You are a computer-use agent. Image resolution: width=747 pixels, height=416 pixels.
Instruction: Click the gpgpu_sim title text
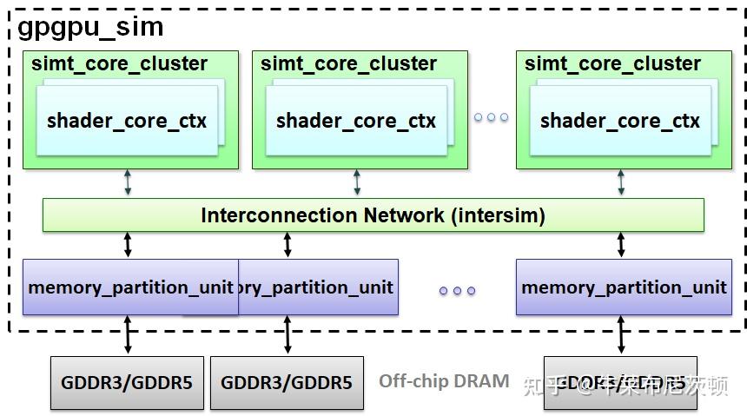point(90,27)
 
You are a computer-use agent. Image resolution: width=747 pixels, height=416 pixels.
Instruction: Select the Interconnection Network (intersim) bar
point(373,215)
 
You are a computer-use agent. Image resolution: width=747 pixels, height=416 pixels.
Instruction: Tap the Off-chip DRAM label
point(444,381)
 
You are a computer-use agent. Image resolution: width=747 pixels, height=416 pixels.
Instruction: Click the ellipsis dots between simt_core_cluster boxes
point(492,117)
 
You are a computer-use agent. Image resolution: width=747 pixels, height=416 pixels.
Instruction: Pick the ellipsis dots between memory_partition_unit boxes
point(457,291)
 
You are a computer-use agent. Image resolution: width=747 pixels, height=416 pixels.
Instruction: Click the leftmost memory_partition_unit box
point(129,287)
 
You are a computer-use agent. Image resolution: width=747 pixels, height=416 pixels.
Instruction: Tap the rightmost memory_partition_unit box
point(623,287)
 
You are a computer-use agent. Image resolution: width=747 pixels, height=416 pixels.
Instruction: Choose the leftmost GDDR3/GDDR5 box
point(127,382)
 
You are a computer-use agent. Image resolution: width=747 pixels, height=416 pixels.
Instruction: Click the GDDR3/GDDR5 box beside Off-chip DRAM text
point(287,382)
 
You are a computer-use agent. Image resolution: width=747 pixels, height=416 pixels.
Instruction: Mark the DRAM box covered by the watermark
point(620,382)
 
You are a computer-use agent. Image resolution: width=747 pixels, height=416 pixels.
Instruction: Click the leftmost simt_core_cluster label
point(119,64)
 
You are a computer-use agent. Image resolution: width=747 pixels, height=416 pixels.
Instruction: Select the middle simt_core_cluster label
point(348,64)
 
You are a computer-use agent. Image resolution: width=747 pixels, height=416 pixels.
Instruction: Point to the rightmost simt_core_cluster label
point(612,64)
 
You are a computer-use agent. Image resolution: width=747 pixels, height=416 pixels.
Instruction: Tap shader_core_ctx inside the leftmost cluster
point(127,121)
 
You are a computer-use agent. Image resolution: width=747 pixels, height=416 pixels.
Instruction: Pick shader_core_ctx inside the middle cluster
point(356,121)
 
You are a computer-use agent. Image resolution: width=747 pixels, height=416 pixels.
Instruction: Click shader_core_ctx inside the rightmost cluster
point(620,121)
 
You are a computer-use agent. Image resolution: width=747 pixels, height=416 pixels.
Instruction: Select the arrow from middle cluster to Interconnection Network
point(357,183)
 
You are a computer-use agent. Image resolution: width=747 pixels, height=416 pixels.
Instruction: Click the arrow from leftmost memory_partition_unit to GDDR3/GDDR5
point(128,334)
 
